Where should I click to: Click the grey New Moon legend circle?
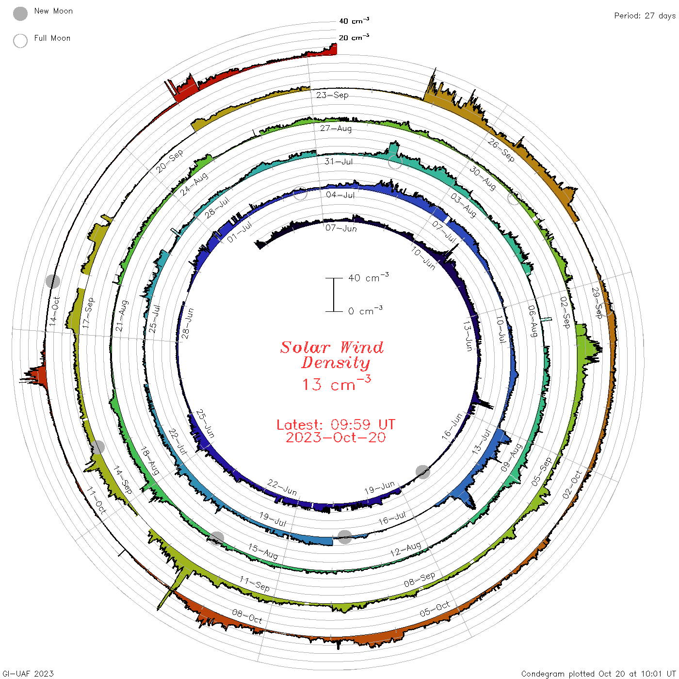pyautogui.click(x=20, y=14)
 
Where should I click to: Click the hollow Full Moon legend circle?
pyautogui.click(x=20, y=41)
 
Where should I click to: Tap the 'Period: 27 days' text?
pyautogui.click(x=645, y=16)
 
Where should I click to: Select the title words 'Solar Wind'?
pyautogui.click(x=332, y=347)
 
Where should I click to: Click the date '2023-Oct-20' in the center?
pyautogui.click(x=336, y=437)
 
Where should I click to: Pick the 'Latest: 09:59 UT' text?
pyautogui.click(x=336, y=424)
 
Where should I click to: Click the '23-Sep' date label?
pyautogui.click(x=332, y=95)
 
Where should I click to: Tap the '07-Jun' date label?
pyautogui.click(x=341, y=228)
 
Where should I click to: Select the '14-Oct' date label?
pyautogui.click(x=54, y=311)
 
